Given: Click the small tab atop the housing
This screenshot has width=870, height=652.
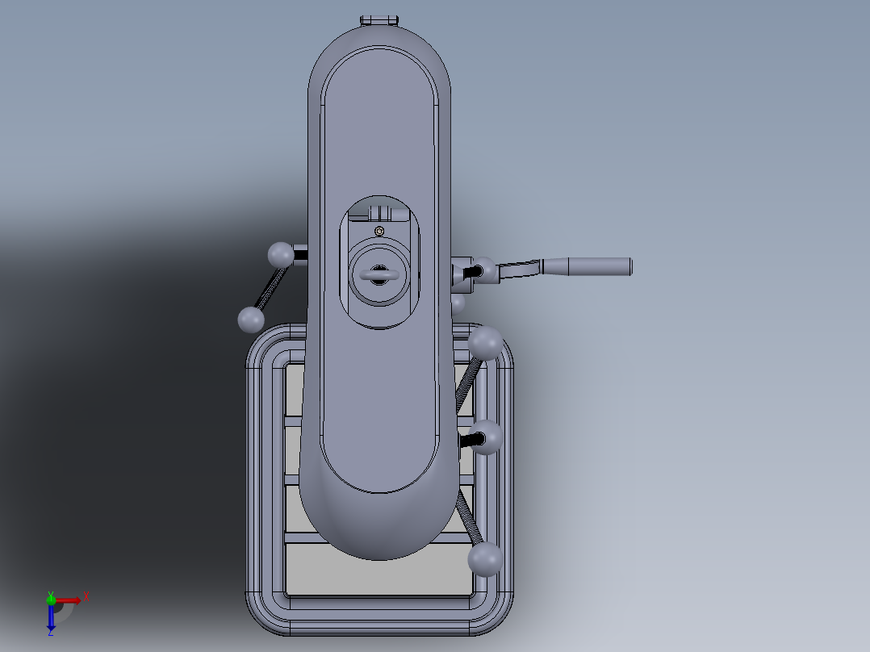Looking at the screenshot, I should coord(379,19).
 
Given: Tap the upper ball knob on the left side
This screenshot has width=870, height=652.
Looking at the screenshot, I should coord(280,255).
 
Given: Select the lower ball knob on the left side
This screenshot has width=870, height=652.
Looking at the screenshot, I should coord(251,320).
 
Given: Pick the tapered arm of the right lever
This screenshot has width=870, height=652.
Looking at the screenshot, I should coord(521,270).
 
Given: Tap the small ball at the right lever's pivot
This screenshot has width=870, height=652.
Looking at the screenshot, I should coord(484,269).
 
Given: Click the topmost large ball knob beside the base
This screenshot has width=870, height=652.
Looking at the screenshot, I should coord(486,343).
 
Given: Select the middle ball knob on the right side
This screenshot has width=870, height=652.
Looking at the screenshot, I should coord(487,437).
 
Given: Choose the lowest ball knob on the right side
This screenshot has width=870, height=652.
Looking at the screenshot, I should coord(486,558).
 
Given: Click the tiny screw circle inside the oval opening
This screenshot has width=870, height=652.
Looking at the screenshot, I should coord(379,232).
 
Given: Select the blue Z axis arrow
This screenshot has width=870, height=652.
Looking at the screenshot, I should coord(51,618).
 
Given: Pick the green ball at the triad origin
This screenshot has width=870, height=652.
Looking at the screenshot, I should coord(51,599).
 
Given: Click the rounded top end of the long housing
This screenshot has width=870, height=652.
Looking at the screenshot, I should coord(379,48).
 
